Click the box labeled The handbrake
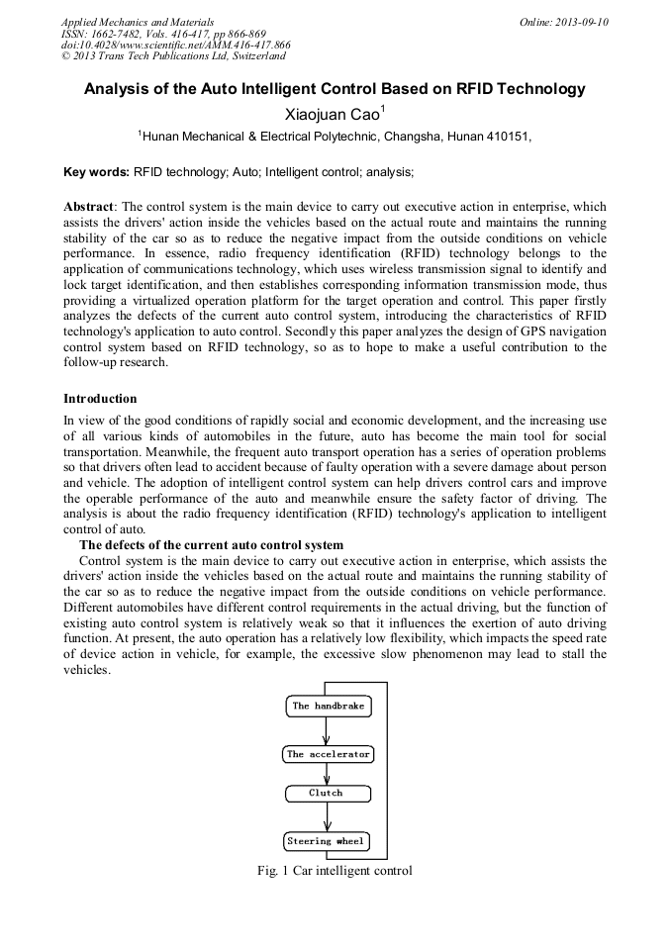point(327,707)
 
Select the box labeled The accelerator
point(328,754)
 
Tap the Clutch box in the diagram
point(327,794)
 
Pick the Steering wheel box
point(327,842)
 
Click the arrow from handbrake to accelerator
point(327,730)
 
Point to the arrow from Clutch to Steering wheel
point(327,817)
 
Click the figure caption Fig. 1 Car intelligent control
point(334,871)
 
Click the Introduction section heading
point(100,399)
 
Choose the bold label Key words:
point(96,172)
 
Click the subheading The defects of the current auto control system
point(212,545)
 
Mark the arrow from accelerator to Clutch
point(327,775)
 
